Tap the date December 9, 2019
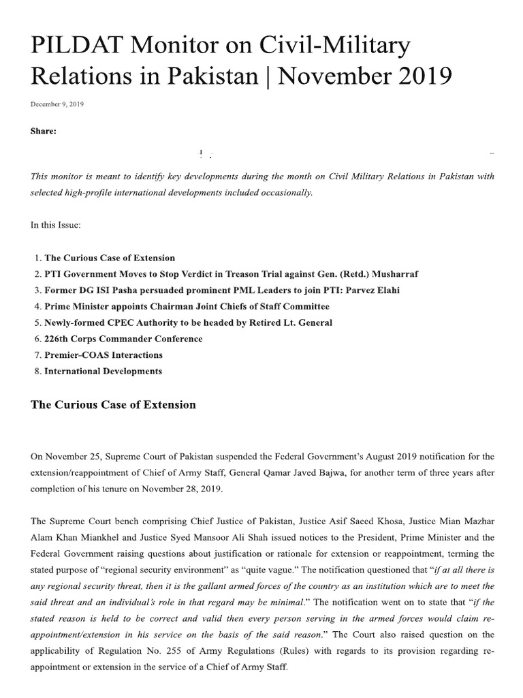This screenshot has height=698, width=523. click(x=57, y=104)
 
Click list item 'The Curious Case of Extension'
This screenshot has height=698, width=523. click(x=110, y=258)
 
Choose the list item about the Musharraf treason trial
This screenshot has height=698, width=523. click(x=231, y=274)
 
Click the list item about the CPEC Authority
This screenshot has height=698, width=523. click(x=188, y=322)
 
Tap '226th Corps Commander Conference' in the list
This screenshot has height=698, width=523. click(x=123, y=339)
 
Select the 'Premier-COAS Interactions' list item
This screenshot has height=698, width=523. click(x=104, y=355)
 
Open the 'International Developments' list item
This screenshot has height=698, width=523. click(x=103, y=371)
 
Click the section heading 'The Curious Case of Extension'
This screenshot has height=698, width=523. click(x=113, y=405)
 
